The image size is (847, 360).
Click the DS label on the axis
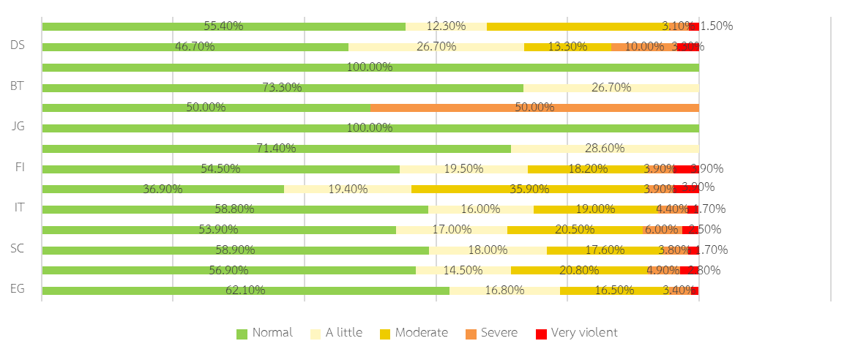tap(18, 45)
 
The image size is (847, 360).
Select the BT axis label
tap(18, 86)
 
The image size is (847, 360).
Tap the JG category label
tap(18, 127)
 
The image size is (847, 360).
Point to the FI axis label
tap(20, 167)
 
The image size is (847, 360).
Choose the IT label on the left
tap(20, 208)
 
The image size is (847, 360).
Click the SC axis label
tap(18, 249)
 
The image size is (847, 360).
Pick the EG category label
tap(18, 289)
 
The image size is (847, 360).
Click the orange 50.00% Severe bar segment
tap(534, 108)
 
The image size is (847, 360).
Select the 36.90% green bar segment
tap(163, 189)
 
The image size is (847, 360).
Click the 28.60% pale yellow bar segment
tap(605, 149)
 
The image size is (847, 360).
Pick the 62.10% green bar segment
tap(245, 290)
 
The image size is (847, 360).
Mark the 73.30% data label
tap(282, 88)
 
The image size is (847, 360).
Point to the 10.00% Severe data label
tap(644, 47)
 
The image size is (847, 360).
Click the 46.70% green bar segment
tap(195, 48)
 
